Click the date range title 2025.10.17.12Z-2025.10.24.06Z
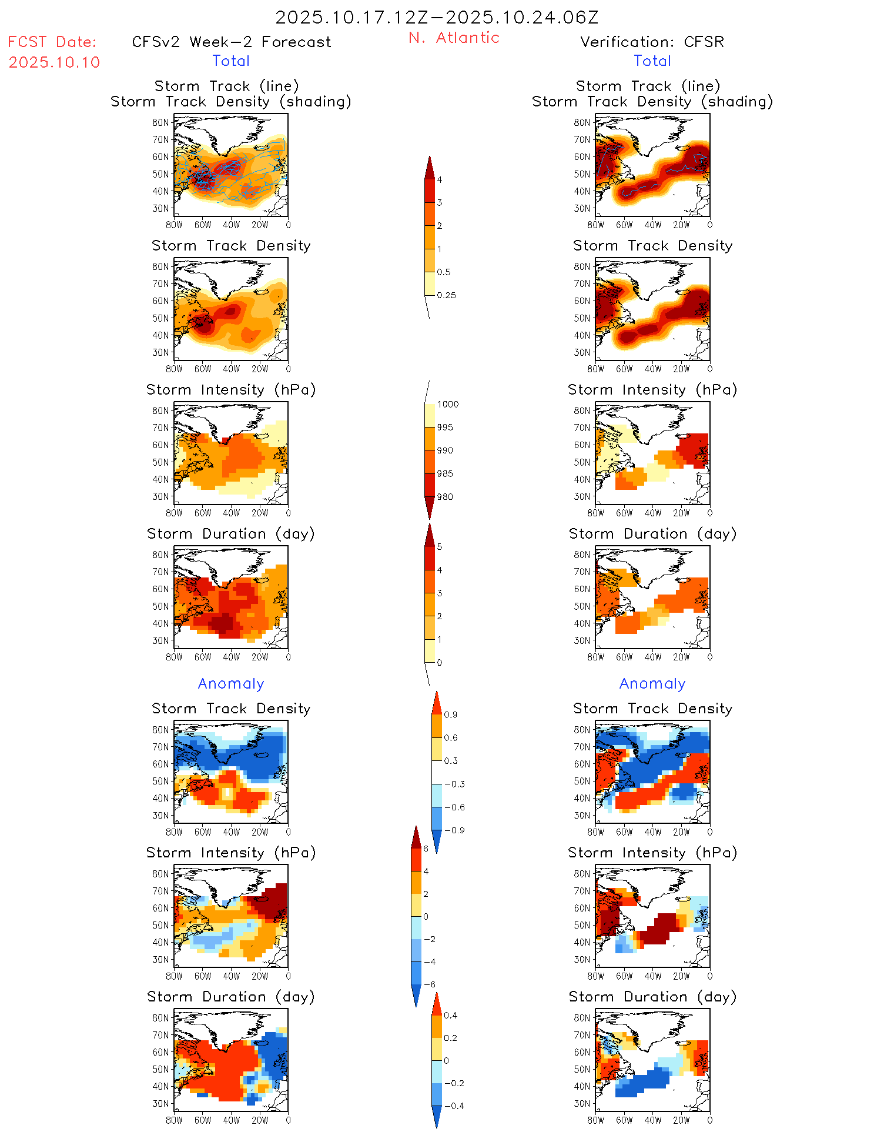[x=437, y=17]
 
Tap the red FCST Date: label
[x=52, y=42]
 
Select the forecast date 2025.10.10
[x=54, y=62]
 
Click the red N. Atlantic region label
[x=454, y=38]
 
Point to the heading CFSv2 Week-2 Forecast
[x=232, y=42]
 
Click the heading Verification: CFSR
[x=652, y=42]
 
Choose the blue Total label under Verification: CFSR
[x=652, y=61]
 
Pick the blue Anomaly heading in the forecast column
[x=231, y=683]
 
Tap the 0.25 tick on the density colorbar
[x=446, y=295]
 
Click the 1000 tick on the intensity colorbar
[x=447, y=404]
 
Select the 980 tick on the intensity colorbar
[x=445, y=497]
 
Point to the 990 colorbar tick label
[x=445, y=450]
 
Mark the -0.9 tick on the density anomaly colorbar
[x=454, y=830]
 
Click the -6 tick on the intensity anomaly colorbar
[x=430, y=984]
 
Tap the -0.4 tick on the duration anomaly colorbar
[x=454, y=1106]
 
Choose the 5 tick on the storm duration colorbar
[x=439, y=547]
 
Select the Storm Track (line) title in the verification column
[x=648, y=86]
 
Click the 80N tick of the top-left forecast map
[x=160, y=122]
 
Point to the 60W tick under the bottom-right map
[x=624, y=1120]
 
